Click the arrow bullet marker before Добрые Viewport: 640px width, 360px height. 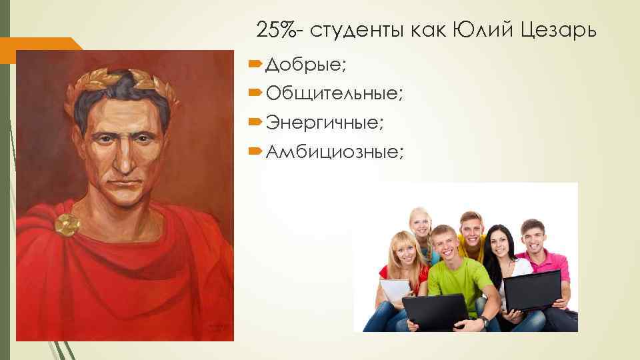pos(257,65)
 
